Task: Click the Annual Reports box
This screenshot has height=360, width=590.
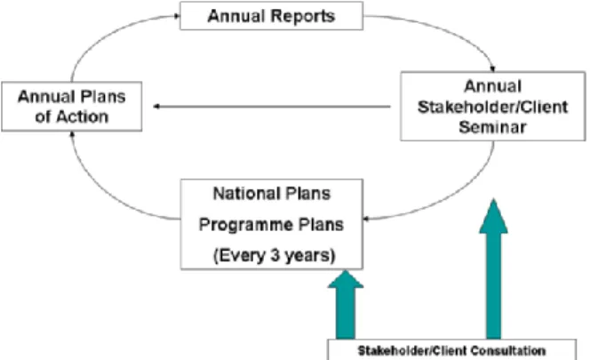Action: click(271, 16)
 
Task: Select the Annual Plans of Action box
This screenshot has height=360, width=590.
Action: click(71, 107)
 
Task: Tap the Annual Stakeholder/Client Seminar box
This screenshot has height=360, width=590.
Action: click(493, 106)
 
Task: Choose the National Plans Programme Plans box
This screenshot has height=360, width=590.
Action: click(272, 224)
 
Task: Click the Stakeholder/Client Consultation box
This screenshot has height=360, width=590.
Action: click(451, 350)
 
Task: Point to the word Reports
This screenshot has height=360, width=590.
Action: click(302, 16)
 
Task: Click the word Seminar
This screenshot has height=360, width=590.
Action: click(492, 127)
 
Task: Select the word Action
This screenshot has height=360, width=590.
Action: click(83, 116)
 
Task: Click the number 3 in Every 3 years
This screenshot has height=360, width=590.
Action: click(275, 256)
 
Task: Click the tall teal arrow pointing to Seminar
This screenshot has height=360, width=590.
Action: click(493, 269)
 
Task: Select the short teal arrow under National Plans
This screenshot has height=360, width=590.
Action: click(346, 305)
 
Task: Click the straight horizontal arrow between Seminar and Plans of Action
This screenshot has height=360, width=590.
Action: click(272, 107)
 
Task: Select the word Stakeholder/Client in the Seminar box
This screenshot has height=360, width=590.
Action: click(492, 107)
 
